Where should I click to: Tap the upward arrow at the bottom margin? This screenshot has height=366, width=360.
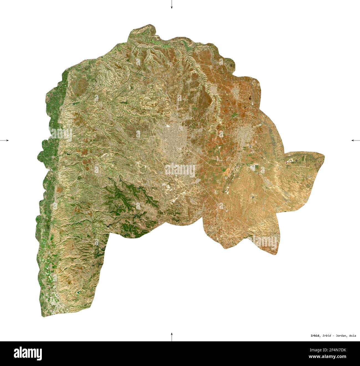(172, 336)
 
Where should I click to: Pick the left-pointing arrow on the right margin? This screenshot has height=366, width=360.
(355, 140)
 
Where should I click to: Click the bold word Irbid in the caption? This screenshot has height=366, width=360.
(315, 336)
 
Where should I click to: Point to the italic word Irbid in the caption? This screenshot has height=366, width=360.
(327, 336)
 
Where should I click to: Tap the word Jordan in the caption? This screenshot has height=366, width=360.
(341, 336)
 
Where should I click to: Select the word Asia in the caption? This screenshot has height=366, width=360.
(353, 336)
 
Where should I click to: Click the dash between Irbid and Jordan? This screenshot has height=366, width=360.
(333, 336)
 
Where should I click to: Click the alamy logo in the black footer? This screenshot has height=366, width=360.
(28, 354)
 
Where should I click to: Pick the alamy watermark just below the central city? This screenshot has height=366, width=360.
(180, 170)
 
